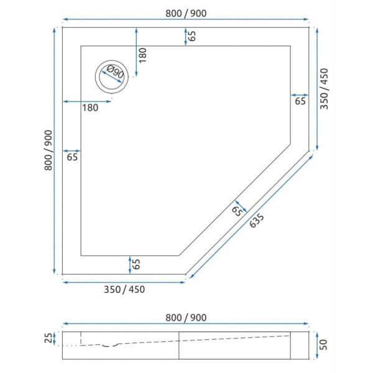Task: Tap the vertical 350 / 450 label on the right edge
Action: pyautogui.click(x=324, y=89)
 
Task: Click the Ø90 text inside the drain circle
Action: pyautogui.click(x=114, y=75)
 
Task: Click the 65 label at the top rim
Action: pyautogui.click(x=193, y=36)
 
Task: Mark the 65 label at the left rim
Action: pyautogui.click(x=72, y=157)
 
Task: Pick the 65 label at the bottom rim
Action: pyautogui.click(x=136, y=264)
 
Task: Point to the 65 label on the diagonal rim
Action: pyautogui.click(x=236, y=210)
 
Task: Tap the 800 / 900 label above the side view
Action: pyautogui.click(x=186, y=317)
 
